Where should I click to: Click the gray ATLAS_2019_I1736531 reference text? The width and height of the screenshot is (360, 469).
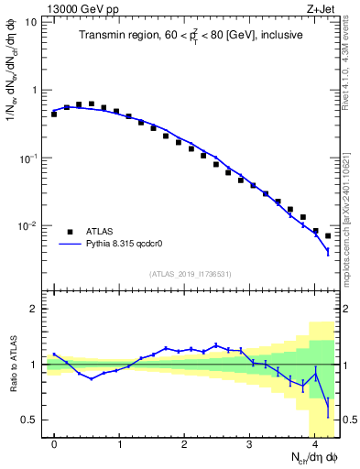coord(191,274)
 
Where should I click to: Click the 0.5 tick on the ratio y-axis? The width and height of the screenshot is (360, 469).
coord(30,420)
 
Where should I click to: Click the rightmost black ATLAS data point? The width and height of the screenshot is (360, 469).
coord(328,235)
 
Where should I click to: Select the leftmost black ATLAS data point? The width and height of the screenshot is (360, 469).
coord(54,115)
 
